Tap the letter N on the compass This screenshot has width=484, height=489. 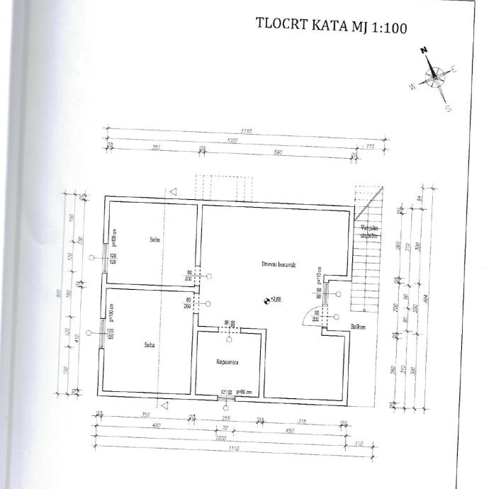[424, 51]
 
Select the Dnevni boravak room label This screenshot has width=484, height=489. [278, 264]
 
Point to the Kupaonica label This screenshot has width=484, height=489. [227, 362]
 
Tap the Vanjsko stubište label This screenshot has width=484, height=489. [370, 232]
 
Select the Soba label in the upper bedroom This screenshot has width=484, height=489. [155, 240]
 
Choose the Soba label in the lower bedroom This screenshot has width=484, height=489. [148, 345]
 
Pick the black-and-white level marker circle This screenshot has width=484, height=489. [266, 300]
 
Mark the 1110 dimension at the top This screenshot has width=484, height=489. [247, 132]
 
